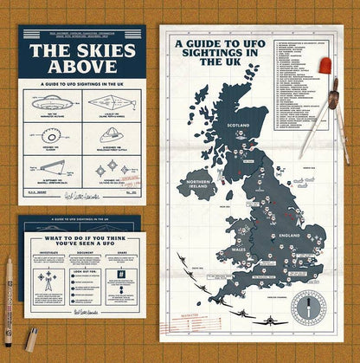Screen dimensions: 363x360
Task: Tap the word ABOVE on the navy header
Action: click(82, 66)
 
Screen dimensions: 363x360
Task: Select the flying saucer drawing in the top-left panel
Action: click(52, 102)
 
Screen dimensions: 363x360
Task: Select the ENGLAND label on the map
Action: click(290, 234)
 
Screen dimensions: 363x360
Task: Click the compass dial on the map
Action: click(307, 305)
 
